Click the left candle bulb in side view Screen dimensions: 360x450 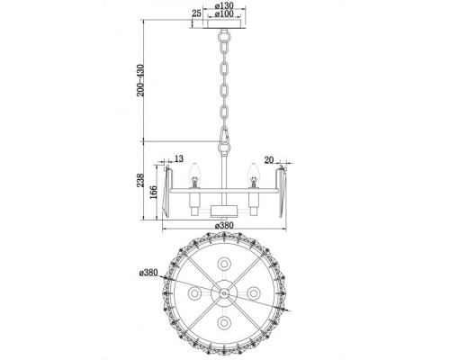(x=193, y=170)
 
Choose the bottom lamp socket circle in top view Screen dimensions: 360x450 (x=221, y=327)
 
